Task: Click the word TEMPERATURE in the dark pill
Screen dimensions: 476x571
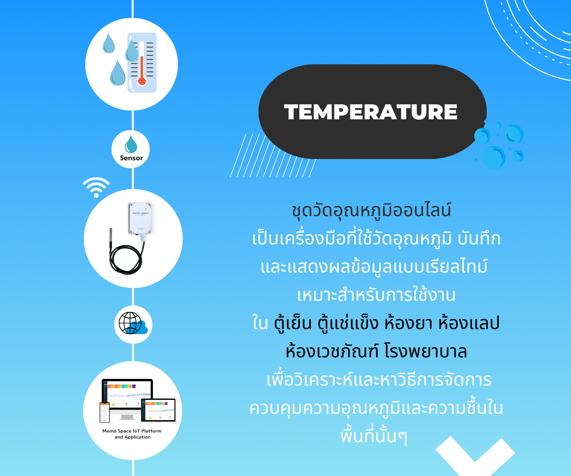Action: click(x=371, y=112)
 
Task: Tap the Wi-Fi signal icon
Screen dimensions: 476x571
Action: click(x=96, y=187)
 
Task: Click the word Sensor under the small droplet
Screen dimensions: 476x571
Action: click(x=131, y=158)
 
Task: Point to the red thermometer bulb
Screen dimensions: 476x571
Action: click(x=142, y=81)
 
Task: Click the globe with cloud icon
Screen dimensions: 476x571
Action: click(x=133, y=323)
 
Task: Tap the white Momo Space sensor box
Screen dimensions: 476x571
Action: click(x=140, y=218)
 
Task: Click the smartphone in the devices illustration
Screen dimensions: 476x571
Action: click(x=105, y=412)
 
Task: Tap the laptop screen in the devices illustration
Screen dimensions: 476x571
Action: click(x=158, y=410)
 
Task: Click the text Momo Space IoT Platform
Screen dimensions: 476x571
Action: click(x=132, y=431)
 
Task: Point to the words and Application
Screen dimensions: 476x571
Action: click(x=133, y=437)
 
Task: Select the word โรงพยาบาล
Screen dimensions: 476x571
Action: click(x=426, y=351)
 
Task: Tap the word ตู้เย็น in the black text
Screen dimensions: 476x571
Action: click(x=293, y=323)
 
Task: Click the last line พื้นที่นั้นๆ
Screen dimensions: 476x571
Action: click(x=373, y=436)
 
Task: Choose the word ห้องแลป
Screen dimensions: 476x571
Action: click(x=469, y=323)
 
